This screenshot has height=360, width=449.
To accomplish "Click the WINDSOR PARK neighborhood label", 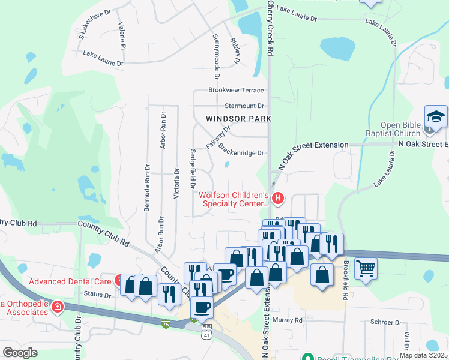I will (238, 119).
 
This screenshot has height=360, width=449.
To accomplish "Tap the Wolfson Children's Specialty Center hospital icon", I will (277, 197).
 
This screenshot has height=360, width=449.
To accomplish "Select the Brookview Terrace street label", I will (236, 90).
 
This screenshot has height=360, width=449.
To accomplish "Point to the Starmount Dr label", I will (236, 105).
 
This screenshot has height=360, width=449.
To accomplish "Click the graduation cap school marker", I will (436, 115).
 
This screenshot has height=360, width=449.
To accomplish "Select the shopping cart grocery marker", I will (365, 268).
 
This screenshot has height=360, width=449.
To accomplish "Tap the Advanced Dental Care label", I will (70, 281).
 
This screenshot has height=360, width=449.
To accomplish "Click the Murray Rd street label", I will (287, 320).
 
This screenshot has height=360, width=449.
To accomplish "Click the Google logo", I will (20, 353).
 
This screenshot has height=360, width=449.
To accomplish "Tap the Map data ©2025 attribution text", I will (423, 355).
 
